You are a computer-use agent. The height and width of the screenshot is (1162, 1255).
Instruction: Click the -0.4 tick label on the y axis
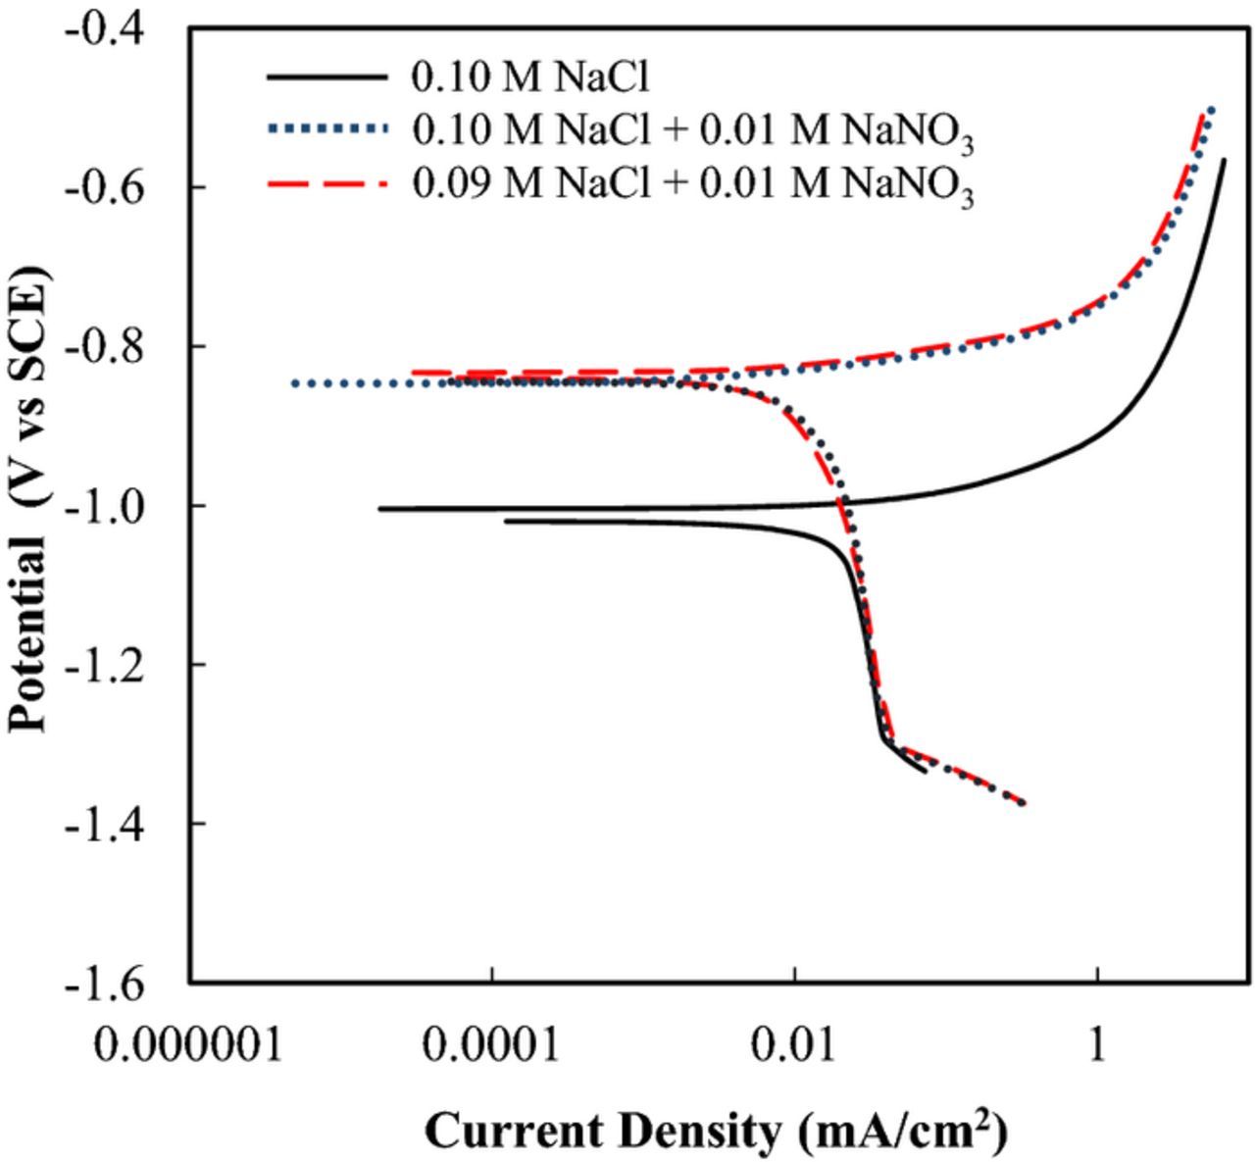(103, 27)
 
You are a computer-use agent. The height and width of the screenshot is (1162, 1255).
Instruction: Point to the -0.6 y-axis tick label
(103, 186)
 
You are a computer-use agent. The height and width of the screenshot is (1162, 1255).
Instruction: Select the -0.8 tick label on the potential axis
(103, 346)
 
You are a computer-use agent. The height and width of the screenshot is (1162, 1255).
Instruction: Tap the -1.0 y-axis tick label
(103, 505)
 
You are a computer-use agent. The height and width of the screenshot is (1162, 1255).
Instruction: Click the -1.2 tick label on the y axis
(103, 664)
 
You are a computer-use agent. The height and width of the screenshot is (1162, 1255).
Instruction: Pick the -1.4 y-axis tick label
(103, 823)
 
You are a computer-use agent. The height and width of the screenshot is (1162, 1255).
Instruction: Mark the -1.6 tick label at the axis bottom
(103, 982)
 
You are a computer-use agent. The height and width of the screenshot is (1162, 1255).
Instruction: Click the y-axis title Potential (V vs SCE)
(29, 505)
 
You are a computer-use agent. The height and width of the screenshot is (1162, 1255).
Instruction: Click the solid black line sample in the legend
(326, 76)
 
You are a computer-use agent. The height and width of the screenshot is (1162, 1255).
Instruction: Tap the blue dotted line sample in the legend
(326, 128)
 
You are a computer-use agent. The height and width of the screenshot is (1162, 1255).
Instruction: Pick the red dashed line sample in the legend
(326, 182)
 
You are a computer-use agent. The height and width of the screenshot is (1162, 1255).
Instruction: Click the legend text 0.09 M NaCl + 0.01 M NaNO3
(692, 184)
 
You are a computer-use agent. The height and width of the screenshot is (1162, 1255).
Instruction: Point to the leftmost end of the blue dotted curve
(293, 383)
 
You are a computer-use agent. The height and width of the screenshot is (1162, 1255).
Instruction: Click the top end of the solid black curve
(1224, 159)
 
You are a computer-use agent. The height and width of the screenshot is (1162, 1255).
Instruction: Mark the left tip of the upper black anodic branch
(380, 509)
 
